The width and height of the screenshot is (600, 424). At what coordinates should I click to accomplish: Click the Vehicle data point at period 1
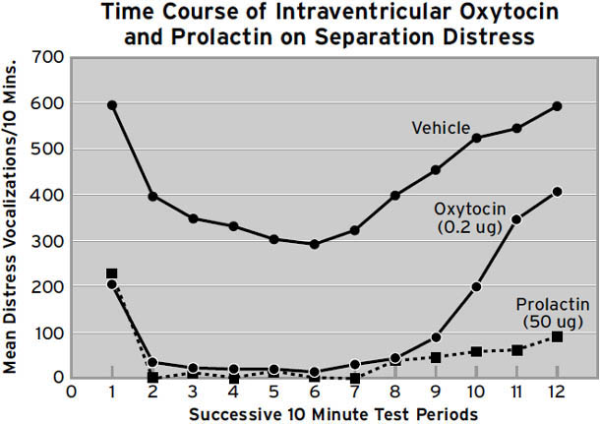pyautogui.click(x=112, y=105)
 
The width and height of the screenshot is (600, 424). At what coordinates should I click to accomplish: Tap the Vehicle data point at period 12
pyautogui.click(x=557, y=106)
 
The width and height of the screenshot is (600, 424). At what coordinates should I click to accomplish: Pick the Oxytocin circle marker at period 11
pyautogui.click(x=515, y=219)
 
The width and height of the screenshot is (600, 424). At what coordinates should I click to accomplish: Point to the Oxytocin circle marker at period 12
pyautogui.click(x=557, y=192)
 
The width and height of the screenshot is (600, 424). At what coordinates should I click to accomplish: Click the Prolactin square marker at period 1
pyautogui.click(x=112, y=274)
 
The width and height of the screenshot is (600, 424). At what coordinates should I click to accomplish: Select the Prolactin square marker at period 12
pyautogui.click(x=557, y=336)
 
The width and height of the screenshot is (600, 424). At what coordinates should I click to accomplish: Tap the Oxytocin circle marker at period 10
pyautogui.click(x=476, y=287)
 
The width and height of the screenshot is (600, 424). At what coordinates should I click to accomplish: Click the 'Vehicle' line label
pyautogui.click(x=440, y=128)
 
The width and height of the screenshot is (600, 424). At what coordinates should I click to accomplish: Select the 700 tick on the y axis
pyautogui.click(x=49, y=59)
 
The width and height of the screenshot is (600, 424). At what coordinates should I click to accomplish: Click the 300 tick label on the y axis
pyautogui.click(x=49, y=242)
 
